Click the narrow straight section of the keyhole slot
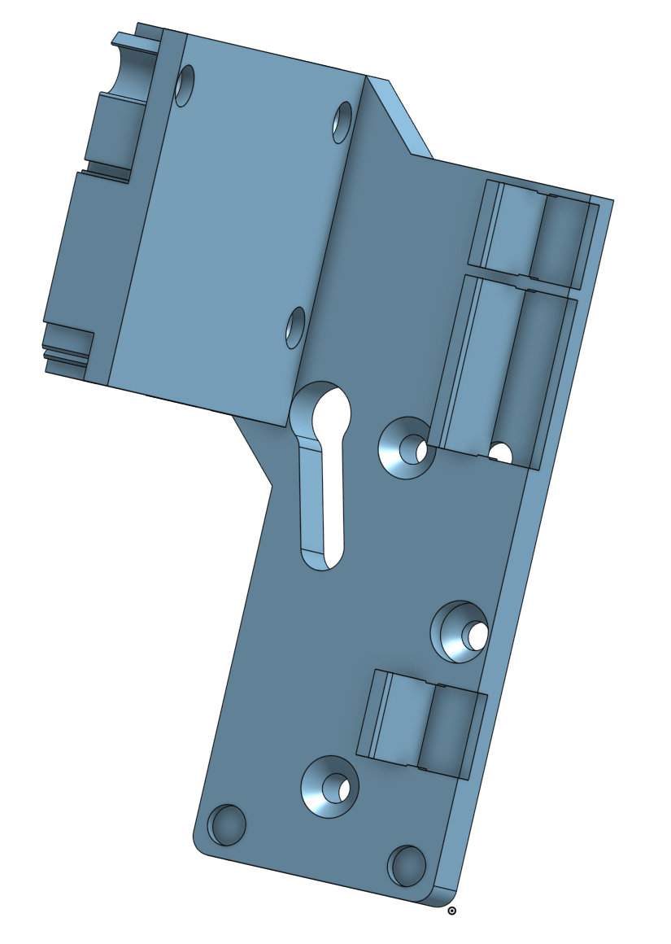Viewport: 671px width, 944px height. click(x=323, y=505)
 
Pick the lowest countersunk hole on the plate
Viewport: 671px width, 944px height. click(x=330, y=788)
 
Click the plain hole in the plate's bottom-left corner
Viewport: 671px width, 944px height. click(x=227, y=825)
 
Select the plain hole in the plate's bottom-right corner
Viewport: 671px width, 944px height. click(x=407, y=865)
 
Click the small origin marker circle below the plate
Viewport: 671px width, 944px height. click(x=452, y=911)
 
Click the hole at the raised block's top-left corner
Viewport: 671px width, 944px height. click(x=185, y=85)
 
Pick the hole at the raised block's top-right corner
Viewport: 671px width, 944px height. click(x=342, y=122)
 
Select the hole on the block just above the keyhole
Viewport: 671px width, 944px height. click(x=295, y=327)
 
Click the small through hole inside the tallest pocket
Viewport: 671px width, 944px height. click(x=501, y=452)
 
